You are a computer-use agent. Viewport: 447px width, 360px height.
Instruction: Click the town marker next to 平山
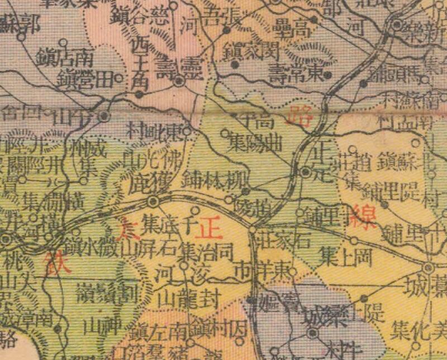tap(104, 116)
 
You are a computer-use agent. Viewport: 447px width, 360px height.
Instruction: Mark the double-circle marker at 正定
tap(306, 172)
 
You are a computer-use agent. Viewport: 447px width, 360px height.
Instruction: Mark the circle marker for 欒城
tap(313, 333)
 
